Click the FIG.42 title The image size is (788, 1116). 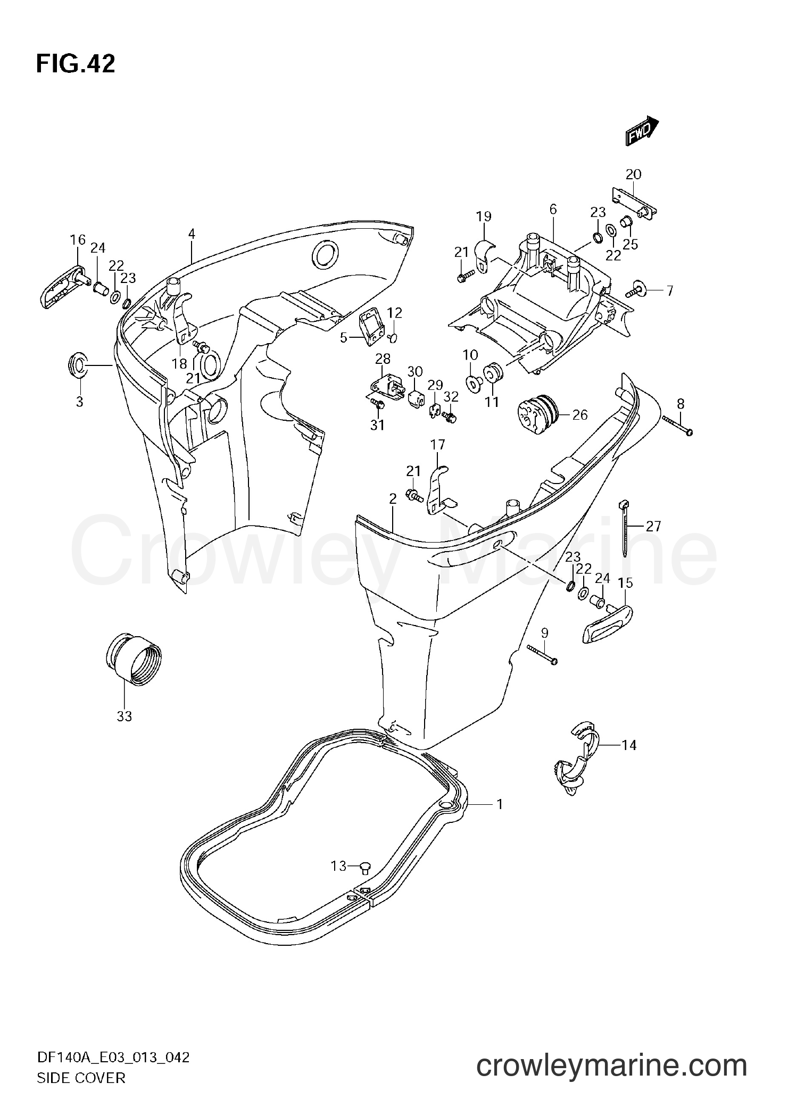point(75,64)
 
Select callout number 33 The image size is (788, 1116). point(124,717)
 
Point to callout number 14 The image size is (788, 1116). point(629,745)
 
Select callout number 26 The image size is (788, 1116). point(579,414)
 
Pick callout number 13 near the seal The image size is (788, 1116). point(339,866)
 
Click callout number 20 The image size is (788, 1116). point(633,174)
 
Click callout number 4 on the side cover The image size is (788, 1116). point(192,234)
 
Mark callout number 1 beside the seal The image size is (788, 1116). point(500,820)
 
